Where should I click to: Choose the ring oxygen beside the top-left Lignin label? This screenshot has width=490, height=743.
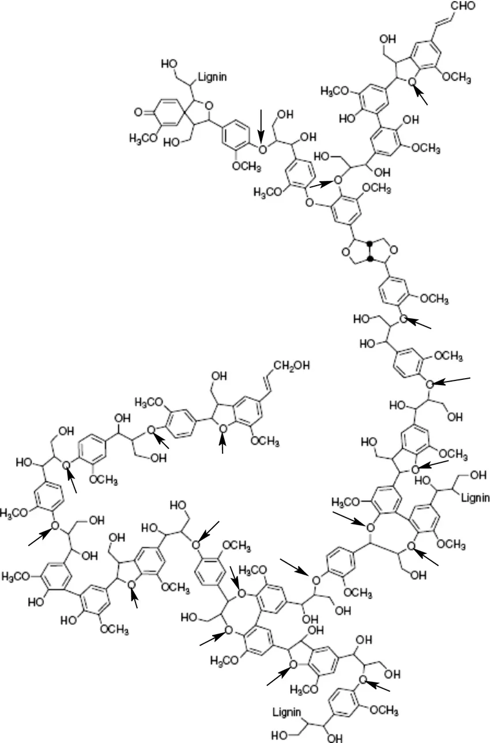(209, 105)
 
